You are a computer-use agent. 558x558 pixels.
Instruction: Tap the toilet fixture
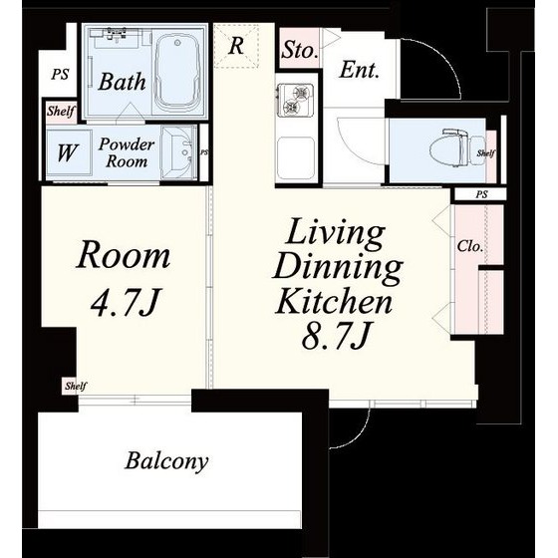[449, 148]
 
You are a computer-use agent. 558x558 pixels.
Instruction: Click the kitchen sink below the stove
[295, 158]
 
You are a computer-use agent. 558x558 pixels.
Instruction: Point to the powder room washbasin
[178, 153]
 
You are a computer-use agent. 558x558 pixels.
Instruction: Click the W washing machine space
[68, 153]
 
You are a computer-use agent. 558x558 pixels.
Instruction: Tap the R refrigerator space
[237, 45]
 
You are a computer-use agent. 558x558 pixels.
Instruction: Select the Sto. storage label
[299, 50]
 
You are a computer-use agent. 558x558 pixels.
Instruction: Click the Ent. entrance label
[359, 70]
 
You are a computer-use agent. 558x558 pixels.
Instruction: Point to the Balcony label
[166, 460]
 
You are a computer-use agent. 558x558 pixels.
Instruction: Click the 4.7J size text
[124, 303]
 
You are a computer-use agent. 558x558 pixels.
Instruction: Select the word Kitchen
[334, 301]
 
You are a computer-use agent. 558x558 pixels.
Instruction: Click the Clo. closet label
[470, 246]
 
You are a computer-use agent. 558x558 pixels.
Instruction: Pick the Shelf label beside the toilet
[486, 153]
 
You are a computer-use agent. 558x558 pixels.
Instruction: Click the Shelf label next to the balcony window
[76, 387]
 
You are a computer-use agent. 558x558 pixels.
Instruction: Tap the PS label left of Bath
[60, 75]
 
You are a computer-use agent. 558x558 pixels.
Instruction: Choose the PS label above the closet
[481, 194]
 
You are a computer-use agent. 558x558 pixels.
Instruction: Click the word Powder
[127, 144]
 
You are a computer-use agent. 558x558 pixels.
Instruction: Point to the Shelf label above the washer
[61, 111]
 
